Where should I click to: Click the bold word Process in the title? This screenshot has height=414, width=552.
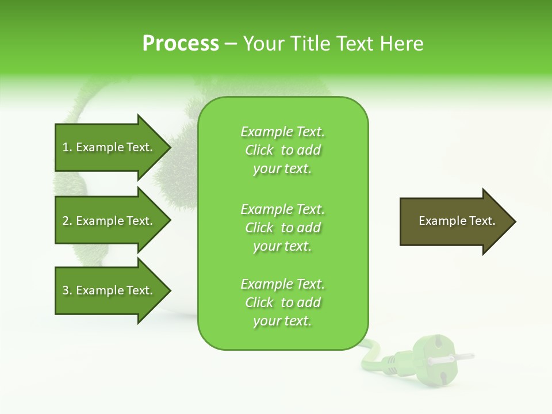pyautogui.click(x=181, y=44)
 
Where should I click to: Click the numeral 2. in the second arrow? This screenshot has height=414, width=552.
pyautogui.click(x=67, y=221)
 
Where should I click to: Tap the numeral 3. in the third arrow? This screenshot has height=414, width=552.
pyautogui.click(x=67, y=290)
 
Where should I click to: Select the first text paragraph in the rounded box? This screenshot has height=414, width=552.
pyautogui.click(x=282, y=150)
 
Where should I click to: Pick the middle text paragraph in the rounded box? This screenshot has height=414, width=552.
pyautogui.click(x=282, y=228)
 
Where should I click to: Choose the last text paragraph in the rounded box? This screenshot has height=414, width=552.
pyautogui.click(x=282, y=302)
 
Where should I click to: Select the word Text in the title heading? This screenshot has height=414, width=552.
pyautogui.click(x=355, y=44)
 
